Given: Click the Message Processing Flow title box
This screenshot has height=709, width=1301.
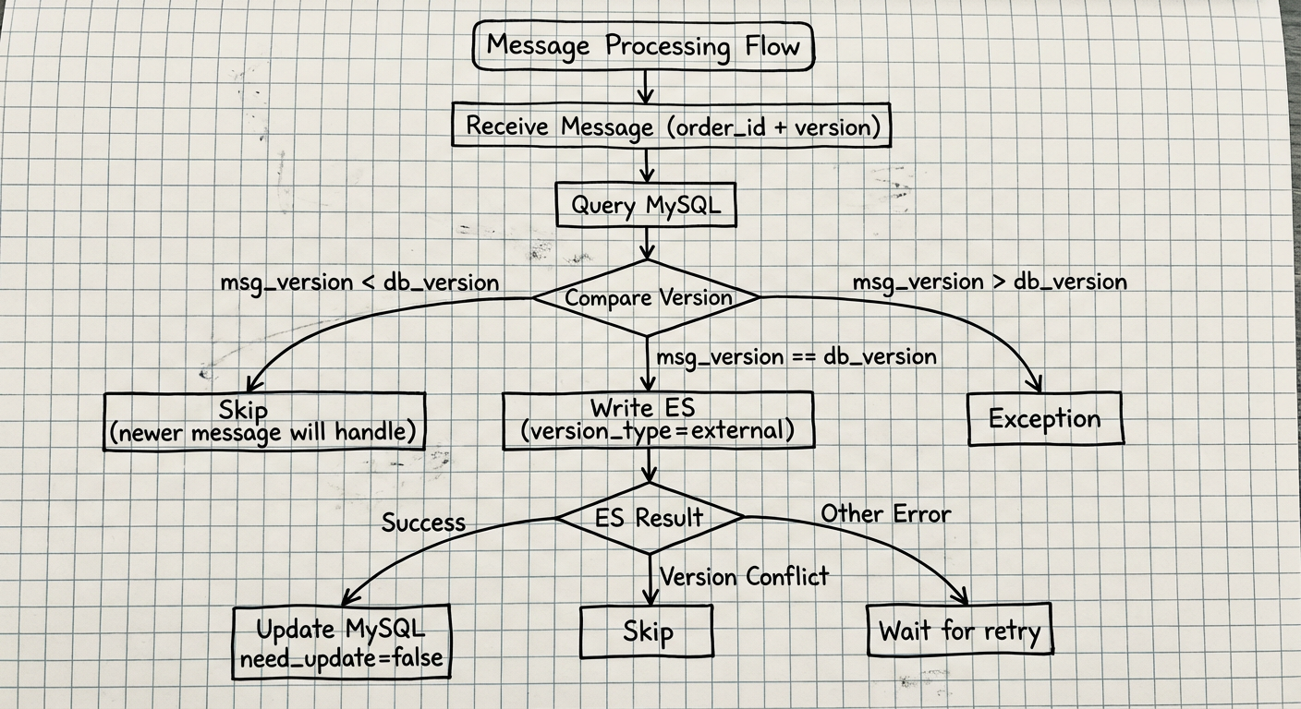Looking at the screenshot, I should (643, 46).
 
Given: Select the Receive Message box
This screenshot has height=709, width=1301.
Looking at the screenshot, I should (672, 126).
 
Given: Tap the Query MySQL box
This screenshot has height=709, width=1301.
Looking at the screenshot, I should (646, 206).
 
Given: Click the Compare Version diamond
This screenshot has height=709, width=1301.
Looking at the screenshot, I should (647, 298).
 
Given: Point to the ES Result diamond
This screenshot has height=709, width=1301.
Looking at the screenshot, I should (650, 517).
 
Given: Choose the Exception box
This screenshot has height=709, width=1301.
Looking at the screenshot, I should (1044, 419).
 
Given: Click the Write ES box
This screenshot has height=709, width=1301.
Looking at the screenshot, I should (658, 420).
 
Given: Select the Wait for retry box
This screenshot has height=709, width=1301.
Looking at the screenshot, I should (960, 632).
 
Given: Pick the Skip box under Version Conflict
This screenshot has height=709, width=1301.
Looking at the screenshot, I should (647, 632).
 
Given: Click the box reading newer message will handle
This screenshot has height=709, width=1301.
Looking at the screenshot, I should (264, 421).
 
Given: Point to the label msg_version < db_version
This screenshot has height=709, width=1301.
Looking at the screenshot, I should (359, 282).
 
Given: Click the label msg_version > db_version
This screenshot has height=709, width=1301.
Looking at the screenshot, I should (989, 282).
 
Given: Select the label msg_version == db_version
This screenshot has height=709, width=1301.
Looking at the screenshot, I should (796, 356).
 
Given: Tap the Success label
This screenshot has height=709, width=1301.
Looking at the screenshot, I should (423, 523).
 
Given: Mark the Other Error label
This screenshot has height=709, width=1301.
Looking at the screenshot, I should (885, 513).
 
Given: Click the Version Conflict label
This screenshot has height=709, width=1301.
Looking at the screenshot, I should (745, 577).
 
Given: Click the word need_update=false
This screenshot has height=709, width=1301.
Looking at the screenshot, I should (340, 659).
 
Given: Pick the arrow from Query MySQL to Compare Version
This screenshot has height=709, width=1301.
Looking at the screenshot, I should (646, 243).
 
